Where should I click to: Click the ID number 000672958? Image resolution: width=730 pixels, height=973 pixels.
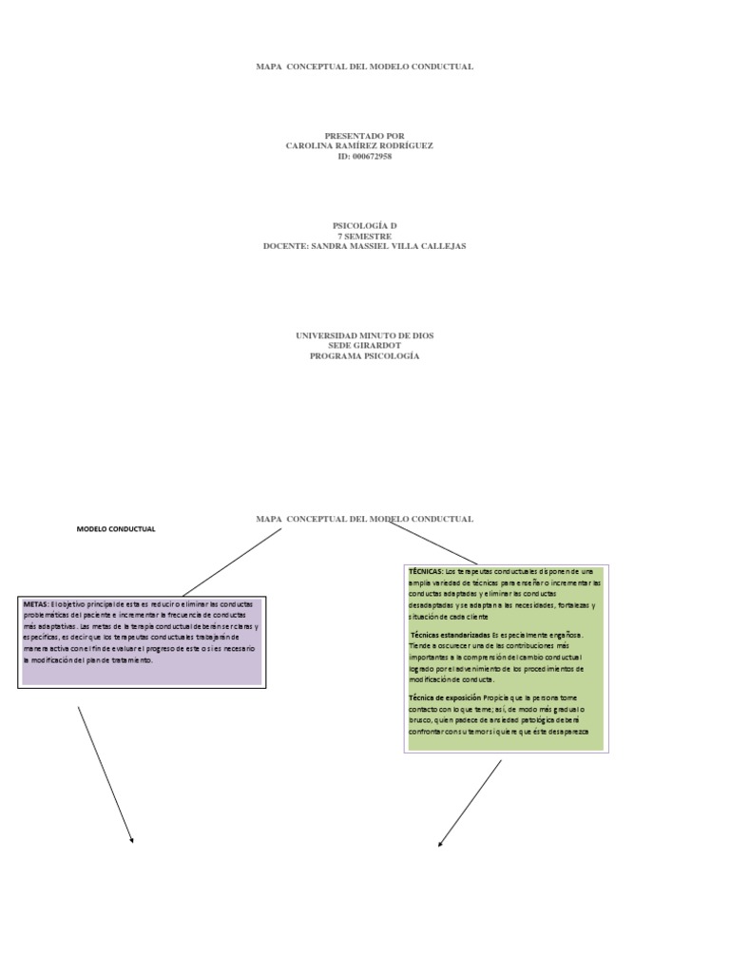(x=372, y=156)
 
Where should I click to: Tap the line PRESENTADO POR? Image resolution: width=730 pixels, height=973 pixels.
(x=365, y=136)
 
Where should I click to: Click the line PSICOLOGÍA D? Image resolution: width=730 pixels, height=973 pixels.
(x=365, y=225)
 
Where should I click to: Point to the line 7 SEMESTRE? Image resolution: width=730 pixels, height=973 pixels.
(x=365, y=236)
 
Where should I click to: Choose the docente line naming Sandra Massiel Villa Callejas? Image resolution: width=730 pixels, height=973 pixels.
(x=365, y=246)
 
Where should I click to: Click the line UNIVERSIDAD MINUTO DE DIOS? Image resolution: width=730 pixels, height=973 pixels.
(x=365, y=335)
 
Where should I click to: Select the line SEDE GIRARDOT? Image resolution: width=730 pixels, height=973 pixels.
(x=365, y=346)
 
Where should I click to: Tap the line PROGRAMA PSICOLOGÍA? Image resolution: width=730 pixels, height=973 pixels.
(x=365, y=356)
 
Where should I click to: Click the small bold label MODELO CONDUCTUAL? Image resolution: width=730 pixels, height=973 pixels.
(x=116, y=529)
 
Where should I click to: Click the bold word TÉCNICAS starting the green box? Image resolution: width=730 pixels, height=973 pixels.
(x=426, y=571)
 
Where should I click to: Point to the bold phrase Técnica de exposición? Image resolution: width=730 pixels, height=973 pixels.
(x=445, y=697)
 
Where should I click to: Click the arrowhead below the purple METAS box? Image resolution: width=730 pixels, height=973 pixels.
(x=132, y=840)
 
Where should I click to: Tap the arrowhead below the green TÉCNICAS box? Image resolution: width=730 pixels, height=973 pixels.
(x=439, y=844)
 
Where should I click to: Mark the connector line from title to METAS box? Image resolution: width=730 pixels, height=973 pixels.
(x=233, y=563)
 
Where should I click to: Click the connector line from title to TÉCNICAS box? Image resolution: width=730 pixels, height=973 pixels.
(x=433, y=543)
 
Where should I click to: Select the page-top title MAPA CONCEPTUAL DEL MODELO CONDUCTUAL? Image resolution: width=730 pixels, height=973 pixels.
(x=365, y=67)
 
